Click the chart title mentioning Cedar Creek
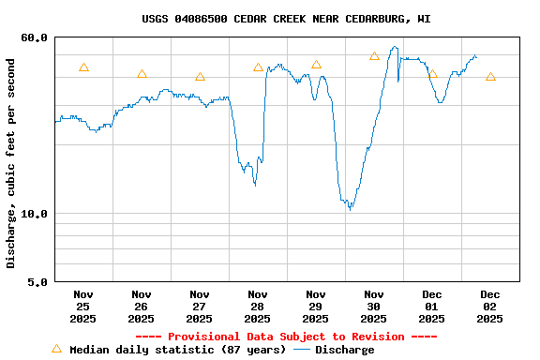287,19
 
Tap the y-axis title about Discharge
11,163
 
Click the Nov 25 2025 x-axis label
83,307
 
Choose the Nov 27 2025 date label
200,307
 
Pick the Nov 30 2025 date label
374,307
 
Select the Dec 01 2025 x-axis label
432,307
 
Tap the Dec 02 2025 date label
490,307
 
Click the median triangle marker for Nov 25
83,67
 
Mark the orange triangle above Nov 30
374,56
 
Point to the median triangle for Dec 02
490,77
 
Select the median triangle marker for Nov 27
200,77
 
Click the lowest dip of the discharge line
350,208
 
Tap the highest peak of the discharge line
395,47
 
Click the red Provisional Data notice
286,337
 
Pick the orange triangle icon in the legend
56,349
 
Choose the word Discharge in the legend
344,350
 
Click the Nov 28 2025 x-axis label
258,307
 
